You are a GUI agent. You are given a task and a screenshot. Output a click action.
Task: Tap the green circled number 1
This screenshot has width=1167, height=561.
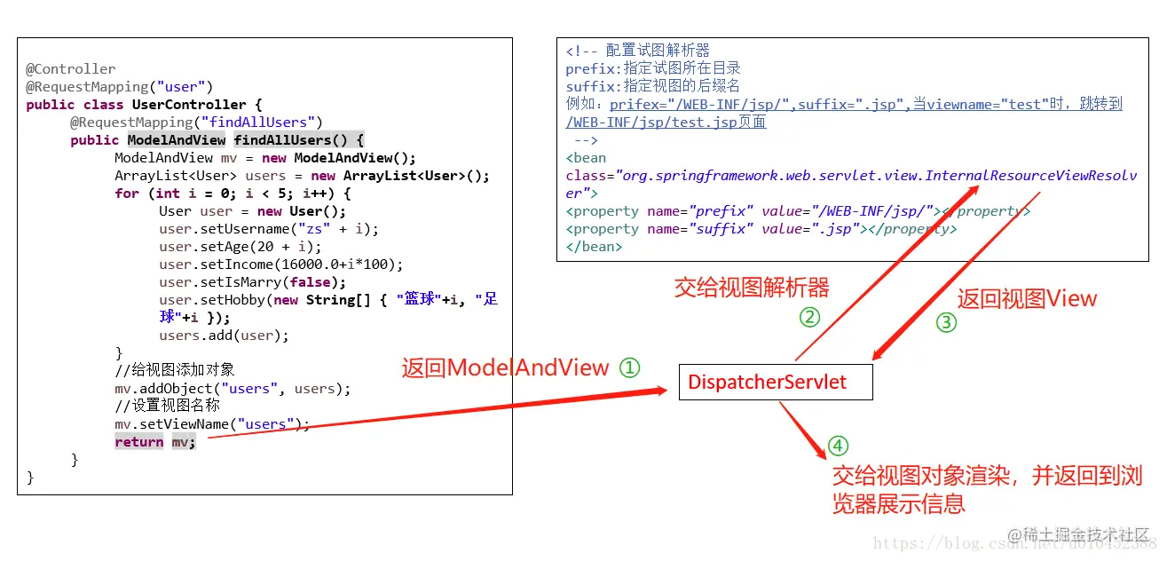(x=629, y=367)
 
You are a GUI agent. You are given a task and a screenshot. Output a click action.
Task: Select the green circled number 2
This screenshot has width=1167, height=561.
(x=809, y=317)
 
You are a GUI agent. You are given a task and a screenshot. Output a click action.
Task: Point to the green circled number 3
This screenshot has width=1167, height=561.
(x=947, y=322)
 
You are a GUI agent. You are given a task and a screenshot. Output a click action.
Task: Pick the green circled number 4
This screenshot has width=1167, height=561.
(x=838, y=446)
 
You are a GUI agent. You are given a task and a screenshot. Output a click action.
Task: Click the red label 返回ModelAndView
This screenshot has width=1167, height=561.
(x=505, y=367)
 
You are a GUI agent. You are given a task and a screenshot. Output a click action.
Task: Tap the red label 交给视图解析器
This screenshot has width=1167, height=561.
(x=752, y=288)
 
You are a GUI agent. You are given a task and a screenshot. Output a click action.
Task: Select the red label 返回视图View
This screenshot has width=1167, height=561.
(x=1027, y=299)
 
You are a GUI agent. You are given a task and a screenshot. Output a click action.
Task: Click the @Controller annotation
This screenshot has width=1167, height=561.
(x=71, y=69)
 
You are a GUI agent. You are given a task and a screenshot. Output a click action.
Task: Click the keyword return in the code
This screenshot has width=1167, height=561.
(x=139, y=442)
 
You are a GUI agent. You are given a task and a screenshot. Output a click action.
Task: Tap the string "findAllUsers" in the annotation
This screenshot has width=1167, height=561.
(x=257, y=122)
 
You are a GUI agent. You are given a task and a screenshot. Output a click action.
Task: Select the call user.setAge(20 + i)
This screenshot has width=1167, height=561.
(x=240, y=247)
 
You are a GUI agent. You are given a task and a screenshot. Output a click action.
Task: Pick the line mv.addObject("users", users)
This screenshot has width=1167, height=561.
(x=232, y=389)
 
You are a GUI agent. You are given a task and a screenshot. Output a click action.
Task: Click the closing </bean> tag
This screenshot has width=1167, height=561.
(x=594, y=247)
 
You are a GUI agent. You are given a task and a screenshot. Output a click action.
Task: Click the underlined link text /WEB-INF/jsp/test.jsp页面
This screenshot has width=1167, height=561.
(x=666, y=122)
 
